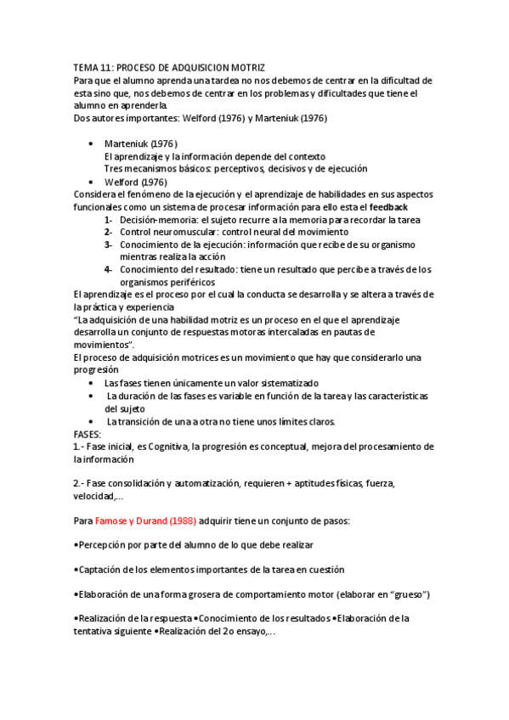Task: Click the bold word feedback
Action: [388, 206]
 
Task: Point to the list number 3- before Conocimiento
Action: [109, 245]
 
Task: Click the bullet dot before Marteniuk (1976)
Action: [91, 143]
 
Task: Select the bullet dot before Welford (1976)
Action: [91, 182]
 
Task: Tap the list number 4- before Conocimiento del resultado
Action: [109, 270]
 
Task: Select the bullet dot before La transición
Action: [91, 422]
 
